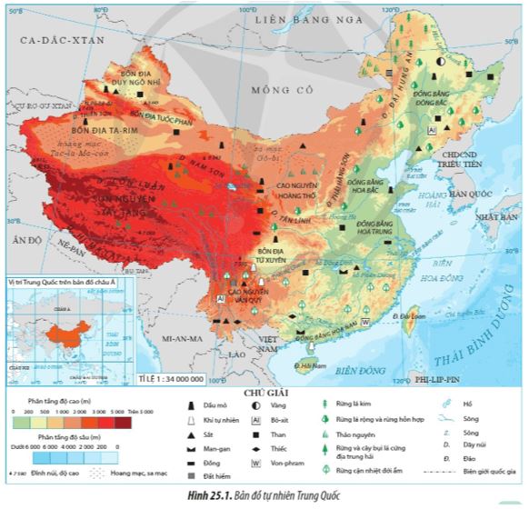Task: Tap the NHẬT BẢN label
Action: pos(499,219)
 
